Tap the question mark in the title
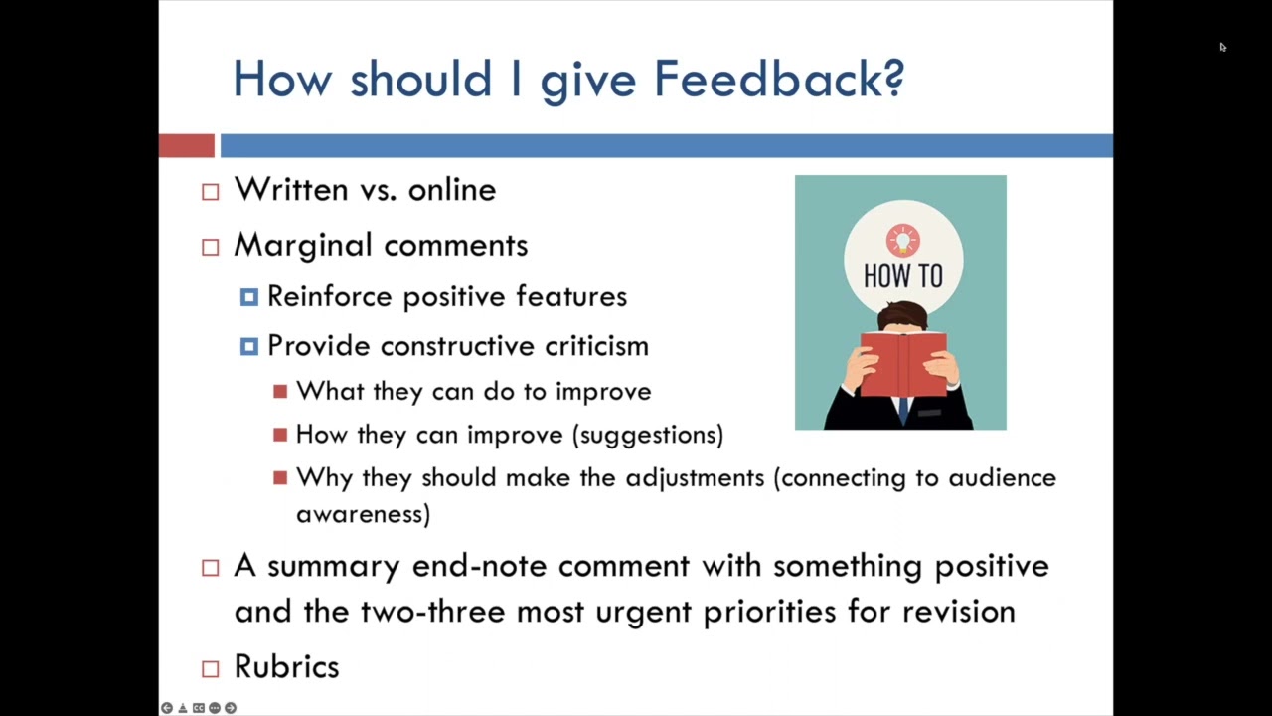(x=892, y=79)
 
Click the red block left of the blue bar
(x=186, y=145)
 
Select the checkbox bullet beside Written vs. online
(x=210, y=192)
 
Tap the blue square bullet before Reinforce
(x=249, y=297)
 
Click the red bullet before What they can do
(x=280, y=392)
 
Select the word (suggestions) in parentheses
(x=648, y=436)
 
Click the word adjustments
(x=695, y=478)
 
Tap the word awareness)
(x=364, y=514)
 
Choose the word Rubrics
(x=287, y=666)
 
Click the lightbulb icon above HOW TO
(x=903, y=241)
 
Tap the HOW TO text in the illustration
(x=903, y=276)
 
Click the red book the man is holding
(x=903, y=364)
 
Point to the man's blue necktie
(x=903, y=411)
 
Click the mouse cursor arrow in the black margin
(x=1222, y=47)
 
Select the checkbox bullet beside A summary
(x=210, y=568)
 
